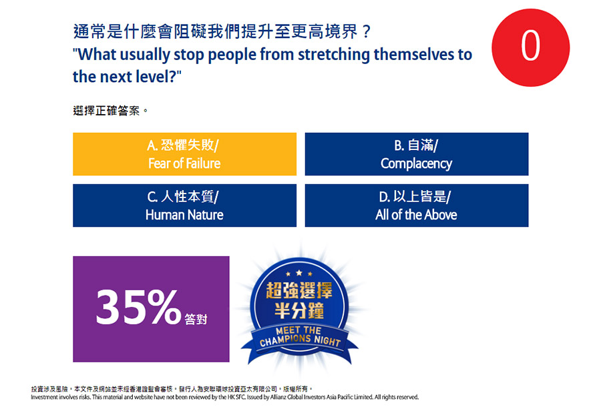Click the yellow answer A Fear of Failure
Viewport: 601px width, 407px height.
pyautogui.click(x=184, y=154)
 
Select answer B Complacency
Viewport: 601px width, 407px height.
pyautogui.click(x=417, y=154)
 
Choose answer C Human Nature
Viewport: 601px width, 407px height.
pyautogui.click(x=184, y=206)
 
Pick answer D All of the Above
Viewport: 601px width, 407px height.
pyautogui.click(x=417, y=206)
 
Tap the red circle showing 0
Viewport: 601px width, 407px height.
pyautogui.click(x=530, y=47)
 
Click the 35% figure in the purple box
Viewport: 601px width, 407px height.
pyautogui.click(x=138, y=307)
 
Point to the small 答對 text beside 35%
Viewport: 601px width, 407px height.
pyautogui.click(x=196, y=319)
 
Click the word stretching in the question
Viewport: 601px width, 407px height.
pyautogui.click(x=334, y=55)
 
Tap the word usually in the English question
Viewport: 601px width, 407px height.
pyautogui.click(x=144, y=55)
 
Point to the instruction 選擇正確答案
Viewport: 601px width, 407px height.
pyautogui.click(x=110, y=111)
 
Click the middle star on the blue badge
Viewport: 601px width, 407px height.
pyautogui.click(x=299, y=273)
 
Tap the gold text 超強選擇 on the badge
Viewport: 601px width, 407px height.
pyautogui.click(x=299, y=290)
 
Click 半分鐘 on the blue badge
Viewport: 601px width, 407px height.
pyautogui.click(x=299, y=310)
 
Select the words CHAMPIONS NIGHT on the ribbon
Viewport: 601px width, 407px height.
pyautogui.click(x=300, y=340)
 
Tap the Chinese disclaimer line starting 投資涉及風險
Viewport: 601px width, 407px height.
pyautogui.click(x=172, y=389)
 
